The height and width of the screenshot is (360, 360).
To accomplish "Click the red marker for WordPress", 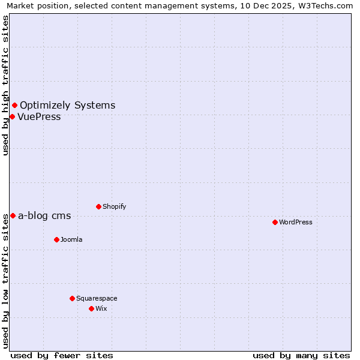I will (275, 222).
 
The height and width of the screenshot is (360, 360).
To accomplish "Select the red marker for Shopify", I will (98, 206).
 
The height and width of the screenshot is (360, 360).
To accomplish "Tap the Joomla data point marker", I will (56, 239).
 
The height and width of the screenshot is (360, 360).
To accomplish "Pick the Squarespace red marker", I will (72, 298).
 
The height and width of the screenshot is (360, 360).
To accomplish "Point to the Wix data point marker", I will (91, 308).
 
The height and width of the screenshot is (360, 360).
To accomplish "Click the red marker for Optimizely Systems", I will (14, 106).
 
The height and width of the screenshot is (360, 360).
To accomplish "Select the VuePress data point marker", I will (12, 116).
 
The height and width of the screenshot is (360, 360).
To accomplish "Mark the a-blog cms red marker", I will (13, 215).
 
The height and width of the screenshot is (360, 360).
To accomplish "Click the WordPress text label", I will (295, 222).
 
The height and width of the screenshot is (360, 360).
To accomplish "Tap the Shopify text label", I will (114, 206).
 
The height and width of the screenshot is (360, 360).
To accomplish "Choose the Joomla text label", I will (71, 239).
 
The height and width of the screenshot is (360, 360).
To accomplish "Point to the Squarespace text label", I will (97, 298).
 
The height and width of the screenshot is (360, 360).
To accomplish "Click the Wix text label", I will (101, 308).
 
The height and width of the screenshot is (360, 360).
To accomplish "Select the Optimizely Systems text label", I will (67, 106).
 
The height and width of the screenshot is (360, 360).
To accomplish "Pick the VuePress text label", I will (39, 116).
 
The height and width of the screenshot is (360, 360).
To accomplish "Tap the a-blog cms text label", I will (44, 216).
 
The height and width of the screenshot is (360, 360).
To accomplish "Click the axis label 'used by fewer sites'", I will (62, 355).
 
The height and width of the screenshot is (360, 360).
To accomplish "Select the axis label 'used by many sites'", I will (301, 355).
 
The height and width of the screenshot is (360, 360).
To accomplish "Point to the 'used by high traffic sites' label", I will (5, 85).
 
